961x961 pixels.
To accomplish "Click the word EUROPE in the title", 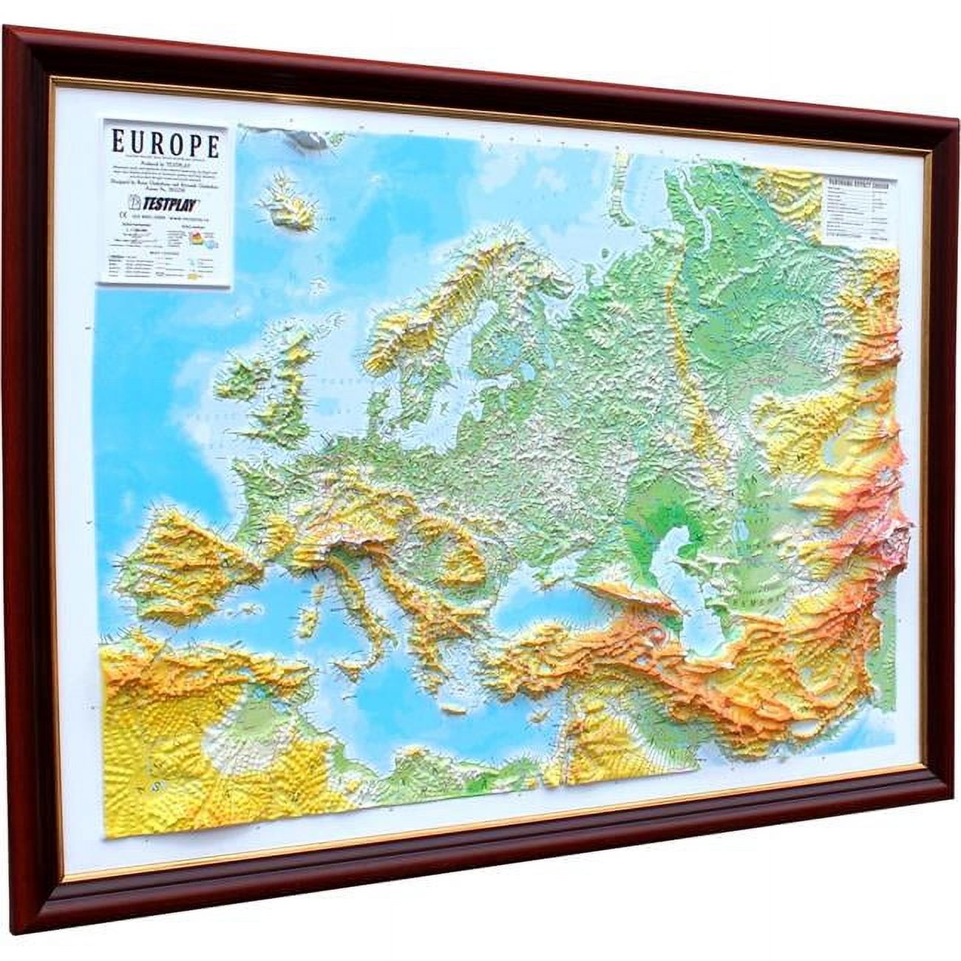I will point(166,143).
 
